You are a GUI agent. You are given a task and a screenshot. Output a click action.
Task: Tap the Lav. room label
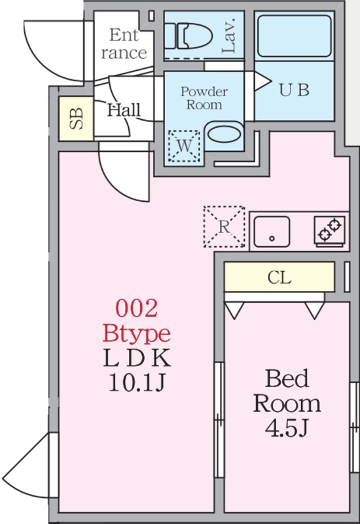(230, 35)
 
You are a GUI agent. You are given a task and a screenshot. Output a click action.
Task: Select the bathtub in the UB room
(294, 36)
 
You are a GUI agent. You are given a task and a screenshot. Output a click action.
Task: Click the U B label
(294, 90)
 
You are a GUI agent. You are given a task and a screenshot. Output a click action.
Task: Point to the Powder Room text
(204, 98)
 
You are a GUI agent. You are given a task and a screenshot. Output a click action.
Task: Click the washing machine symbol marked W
(185, 145)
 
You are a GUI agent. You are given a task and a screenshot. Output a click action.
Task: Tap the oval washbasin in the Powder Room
(224, 134)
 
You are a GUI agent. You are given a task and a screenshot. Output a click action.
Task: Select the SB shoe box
(76, 119)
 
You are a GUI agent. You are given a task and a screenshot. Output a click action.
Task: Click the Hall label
(124, 110)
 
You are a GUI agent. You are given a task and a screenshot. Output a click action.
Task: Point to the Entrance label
(124, 44)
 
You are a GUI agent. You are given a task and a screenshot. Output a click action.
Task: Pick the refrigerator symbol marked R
(225, 227)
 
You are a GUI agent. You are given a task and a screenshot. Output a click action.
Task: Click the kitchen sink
(272, 231)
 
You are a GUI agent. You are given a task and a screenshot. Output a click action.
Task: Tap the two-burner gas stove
(330, 231)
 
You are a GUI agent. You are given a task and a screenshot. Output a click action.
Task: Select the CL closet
(279, 277)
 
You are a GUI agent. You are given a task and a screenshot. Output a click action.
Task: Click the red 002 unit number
(136, 309)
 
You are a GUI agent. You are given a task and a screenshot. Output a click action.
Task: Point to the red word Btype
(136, 333)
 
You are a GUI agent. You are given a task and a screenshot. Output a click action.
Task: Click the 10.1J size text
(137, 383)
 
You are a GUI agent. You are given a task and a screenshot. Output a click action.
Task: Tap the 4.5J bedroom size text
(286, 429)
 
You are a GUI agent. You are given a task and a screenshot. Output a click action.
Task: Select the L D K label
(137, 358)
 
